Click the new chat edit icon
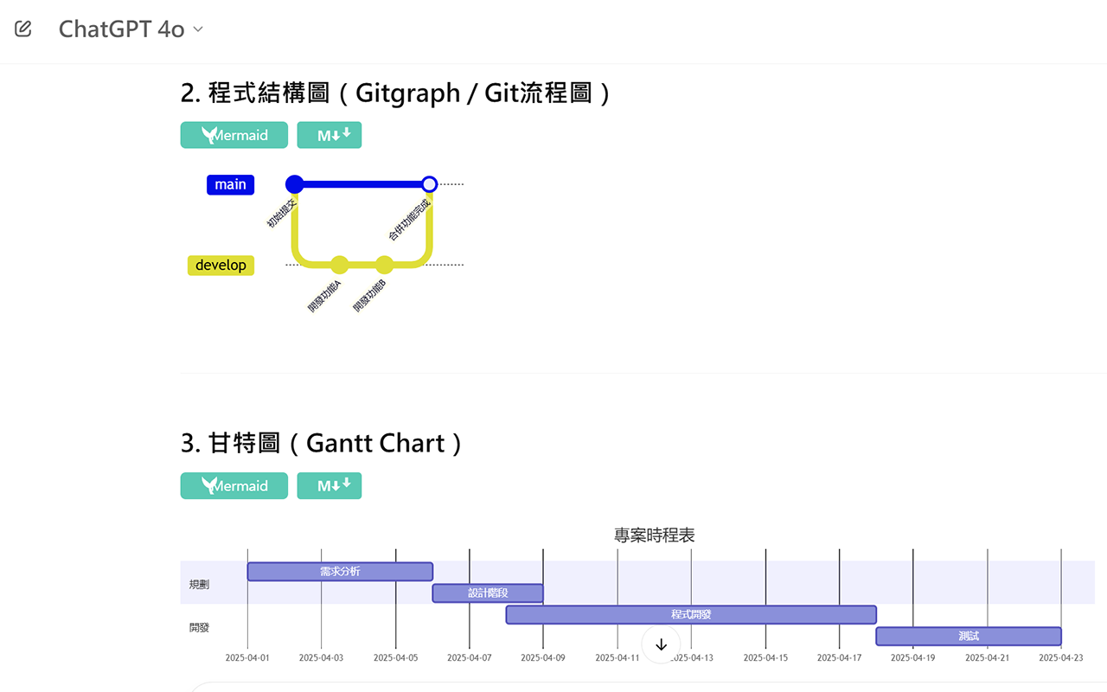point(23,29)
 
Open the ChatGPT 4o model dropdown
point(131,29)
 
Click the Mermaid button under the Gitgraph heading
point(234,135)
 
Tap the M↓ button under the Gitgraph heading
point(329,135)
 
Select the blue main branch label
point(230,184)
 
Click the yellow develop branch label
point(221,266)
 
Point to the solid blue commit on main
point(294,184)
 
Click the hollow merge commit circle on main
point(429,184)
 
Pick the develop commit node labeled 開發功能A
point(339,265)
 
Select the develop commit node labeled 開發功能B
point(384,265)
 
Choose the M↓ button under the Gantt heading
point(329,486)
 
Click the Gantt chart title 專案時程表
point(654,535)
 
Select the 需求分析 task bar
point(340,572)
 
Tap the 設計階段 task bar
point(488,593)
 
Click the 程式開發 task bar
point(691,615)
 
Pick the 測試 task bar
point(968,637)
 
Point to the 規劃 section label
point(199,585)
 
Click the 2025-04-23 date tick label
point(1060,658)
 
